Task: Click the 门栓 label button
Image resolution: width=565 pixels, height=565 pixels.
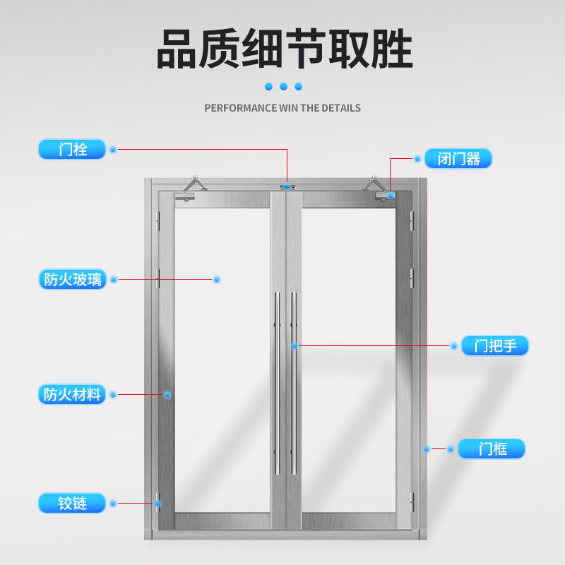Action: [72, 150]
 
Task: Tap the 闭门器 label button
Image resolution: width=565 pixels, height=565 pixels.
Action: [458, 159]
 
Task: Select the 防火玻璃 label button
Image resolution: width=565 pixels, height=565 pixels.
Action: [72, 279]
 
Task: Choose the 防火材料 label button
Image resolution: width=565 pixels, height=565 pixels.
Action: [72, 394]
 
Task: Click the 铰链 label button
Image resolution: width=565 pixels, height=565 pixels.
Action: [72, 503]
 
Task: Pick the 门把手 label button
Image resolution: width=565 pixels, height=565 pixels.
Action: [495, 346]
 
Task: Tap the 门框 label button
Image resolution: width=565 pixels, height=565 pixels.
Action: [492, 448]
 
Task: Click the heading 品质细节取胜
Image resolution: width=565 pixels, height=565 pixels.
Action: [283, 49]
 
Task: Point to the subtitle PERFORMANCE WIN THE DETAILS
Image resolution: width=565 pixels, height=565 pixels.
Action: [282, 108]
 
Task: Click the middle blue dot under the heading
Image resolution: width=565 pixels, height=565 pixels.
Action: [283, 86]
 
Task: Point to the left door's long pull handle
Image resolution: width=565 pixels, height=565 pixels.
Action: [278, 381]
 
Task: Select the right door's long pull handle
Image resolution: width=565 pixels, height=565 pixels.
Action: [294, 381]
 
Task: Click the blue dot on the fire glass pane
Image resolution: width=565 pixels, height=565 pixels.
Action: [217, 280]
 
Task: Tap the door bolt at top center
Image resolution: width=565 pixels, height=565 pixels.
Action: [287, 186]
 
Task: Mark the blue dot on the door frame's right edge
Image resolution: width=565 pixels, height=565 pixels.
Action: [427, 448]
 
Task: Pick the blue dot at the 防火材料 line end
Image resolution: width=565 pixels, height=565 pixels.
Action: [167, 394]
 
